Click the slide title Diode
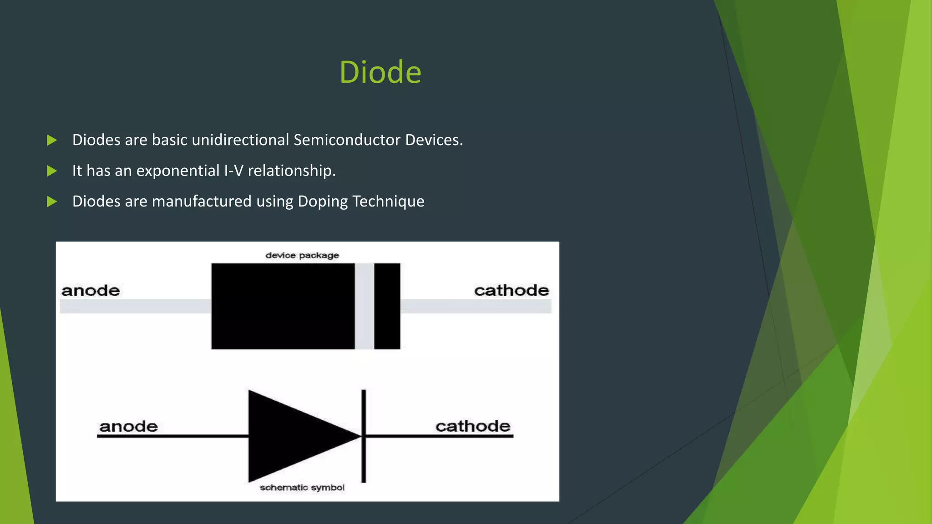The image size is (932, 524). [x=380, y=72]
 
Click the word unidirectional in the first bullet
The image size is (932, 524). [x=240, y=140]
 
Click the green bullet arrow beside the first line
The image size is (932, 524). [x=52, y=140]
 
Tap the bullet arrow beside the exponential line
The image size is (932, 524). [x=52, y=171]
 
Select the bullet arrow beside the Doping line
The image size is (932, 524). [x=52, y=202]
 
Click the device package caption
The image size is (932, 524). [x=302, y=255]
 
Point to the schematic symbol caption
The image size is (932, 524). [x=302, y=488]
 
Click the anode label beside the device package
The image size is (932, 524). [x=91, y=290]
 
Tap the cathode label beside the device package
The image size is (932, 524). [x=512, y=290]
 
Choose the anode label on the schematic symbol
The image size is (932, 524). [x=128, y=426]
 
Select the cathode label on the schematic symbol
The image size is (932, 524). [x=473, y=426]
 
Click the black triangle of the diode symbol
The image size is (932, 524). [x=291, y=436]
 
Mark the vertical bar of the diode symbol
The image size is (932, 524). [x=364, y=436]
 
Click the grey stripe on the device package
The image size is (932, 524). [x=365, y=306]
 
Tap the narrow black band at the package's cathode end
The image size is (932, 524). [x=387, y=306]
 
